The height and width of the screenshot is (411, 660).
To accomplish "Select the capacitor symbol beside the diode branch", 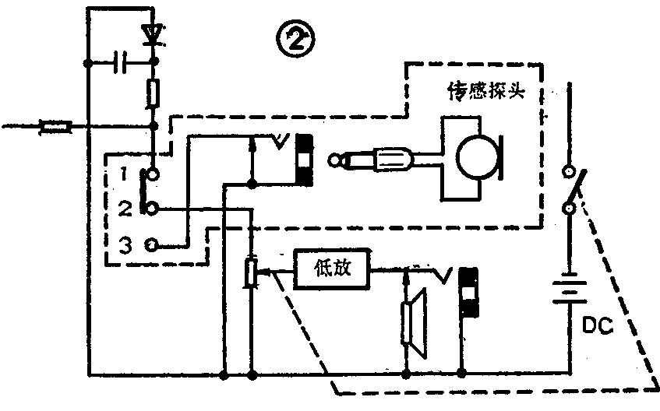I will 122,61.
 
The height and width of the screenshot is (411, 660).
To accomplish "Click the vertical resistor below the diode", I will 152,93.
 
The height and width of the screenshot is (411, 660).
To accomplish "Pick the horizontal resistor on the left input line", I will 55,125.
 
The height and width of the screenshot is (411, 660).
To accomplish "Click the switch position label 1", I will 125,172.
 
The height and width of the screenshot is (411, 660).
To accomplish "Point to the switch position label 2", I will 125,208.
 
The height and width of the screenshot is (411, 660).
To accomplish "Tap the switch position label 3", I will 125,245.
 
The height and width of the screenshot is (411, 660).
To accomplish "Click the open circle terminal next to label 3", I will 152,245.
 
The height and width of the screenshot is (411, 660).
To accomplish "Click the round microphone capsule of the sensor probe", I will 475,159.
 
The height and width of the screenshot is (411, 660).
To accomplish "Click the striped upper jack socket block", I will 304,160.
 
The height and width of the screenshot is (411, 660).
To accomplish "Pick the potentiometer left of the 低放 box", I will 251,272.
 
